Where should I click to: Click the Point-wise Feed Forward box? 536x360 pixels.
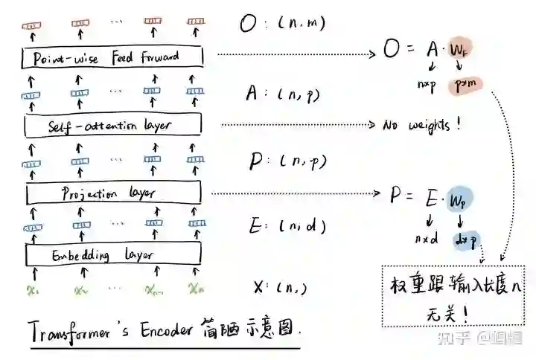coord(112,57)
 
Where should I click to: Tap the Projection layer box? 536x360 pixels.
coord(112,193)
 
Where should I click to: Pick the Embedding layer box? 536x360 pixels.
coord(112,254)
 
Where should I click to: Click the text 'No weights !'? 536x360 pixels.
coord(422,125)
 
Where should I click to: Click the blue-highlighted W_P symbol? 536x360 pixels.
coord(459,199)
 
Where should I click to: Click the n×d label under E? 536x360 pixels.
coord(427,240)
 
